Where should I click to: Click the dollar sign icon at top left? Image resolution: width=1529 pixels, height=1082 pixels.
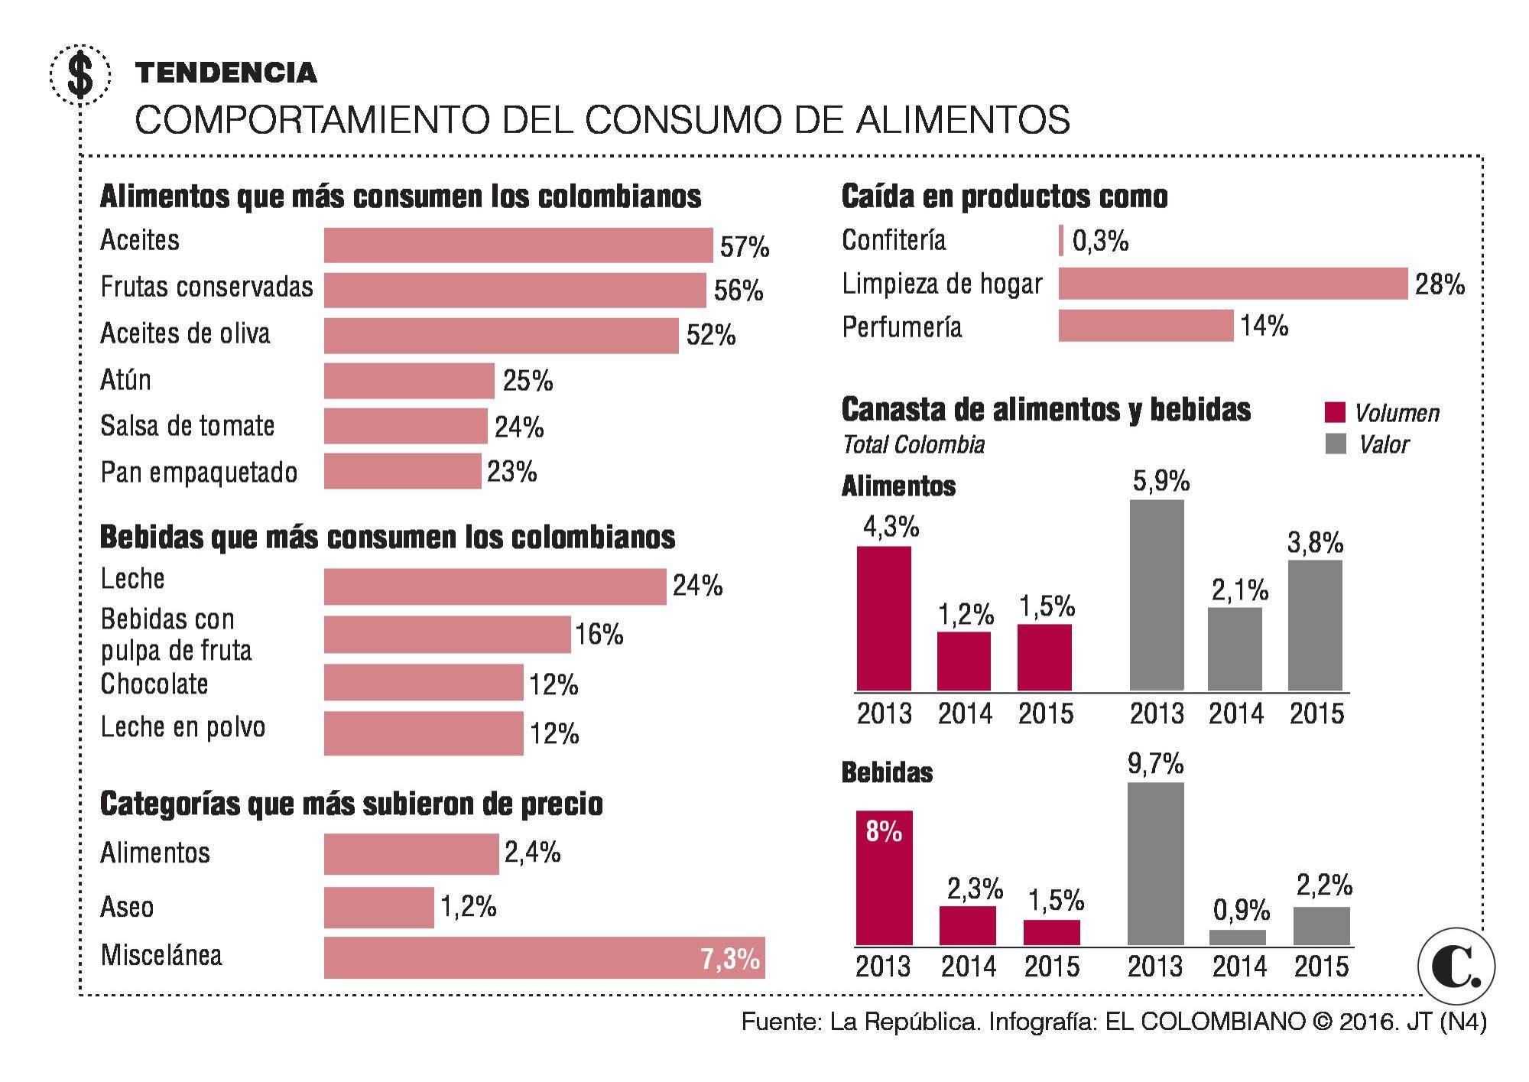pyautogui.click(x=80, y=75)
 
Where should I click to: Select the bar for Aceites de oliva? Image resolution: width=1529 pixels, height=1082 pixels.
pyautogui.click(x=501, y=336)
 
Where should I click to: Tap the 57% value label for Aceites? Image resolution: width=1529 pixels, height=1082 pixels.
pyautogui.click(x=744, y=247)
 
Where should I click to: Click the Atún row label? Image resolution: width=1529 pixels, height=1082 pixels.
pyautogui.click(x=126, y=379)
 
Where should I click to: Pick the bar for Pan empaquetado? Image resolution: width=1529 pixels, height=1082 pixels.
pyautogui.click(x=402, y=471)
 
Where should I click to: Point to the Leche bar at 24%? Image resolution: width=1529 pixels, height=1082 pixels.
pyautogui.click(x=495, y=586)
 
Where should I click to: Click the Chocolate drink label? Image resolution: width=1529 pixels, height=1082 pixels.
pyautogui.click(x=154, y=684)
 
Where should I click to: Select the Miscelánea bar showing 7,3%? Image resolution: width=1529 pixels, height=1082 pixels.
pyautogui.click(x=544, y=957)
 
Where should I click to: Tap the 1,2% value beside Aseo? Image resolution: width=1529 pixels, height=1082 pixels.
pyautogui.click(x=468, y=907)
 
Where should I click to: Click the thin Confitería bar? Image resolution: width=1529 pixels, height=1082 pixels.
pyautogui.click(x=1061, y=240)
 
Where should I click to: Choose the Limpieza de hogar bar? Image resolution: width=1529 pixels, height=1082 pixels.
pyautogui.click(x=1232, y=284)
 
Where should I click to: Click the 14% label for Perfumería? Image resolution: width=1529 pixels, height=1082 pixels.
pyautogui.click(x=1264, y=327)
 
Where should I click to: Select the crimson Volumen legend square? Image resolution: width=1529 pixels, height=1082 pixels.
pyautogui.click(x=1334, y=412)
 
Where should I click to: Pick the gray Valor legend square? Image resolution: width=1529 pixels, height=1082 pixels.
pyautogui.click(x=1335, y=444)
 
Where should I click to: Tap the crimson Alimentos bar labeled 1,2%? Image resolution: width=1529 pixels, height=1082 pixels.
pyautogui.click(x=964, y=661)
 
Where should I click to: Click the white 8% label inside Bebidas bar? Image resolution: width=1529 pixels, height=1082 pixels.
pyautogui.click(x=884, y=831)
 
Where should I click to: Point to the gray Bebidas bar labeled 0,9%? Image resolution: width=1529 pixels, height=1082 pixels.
pyautogui.click(x=1238, y=937)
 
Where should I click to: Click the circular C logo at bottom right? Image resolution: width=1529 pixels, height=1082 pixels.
pyautogui.click(x=1456, y=967)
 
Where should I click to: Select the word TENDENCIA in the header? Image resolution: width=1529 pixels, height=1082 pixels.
pyautogui.click(x=226, y=73)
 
